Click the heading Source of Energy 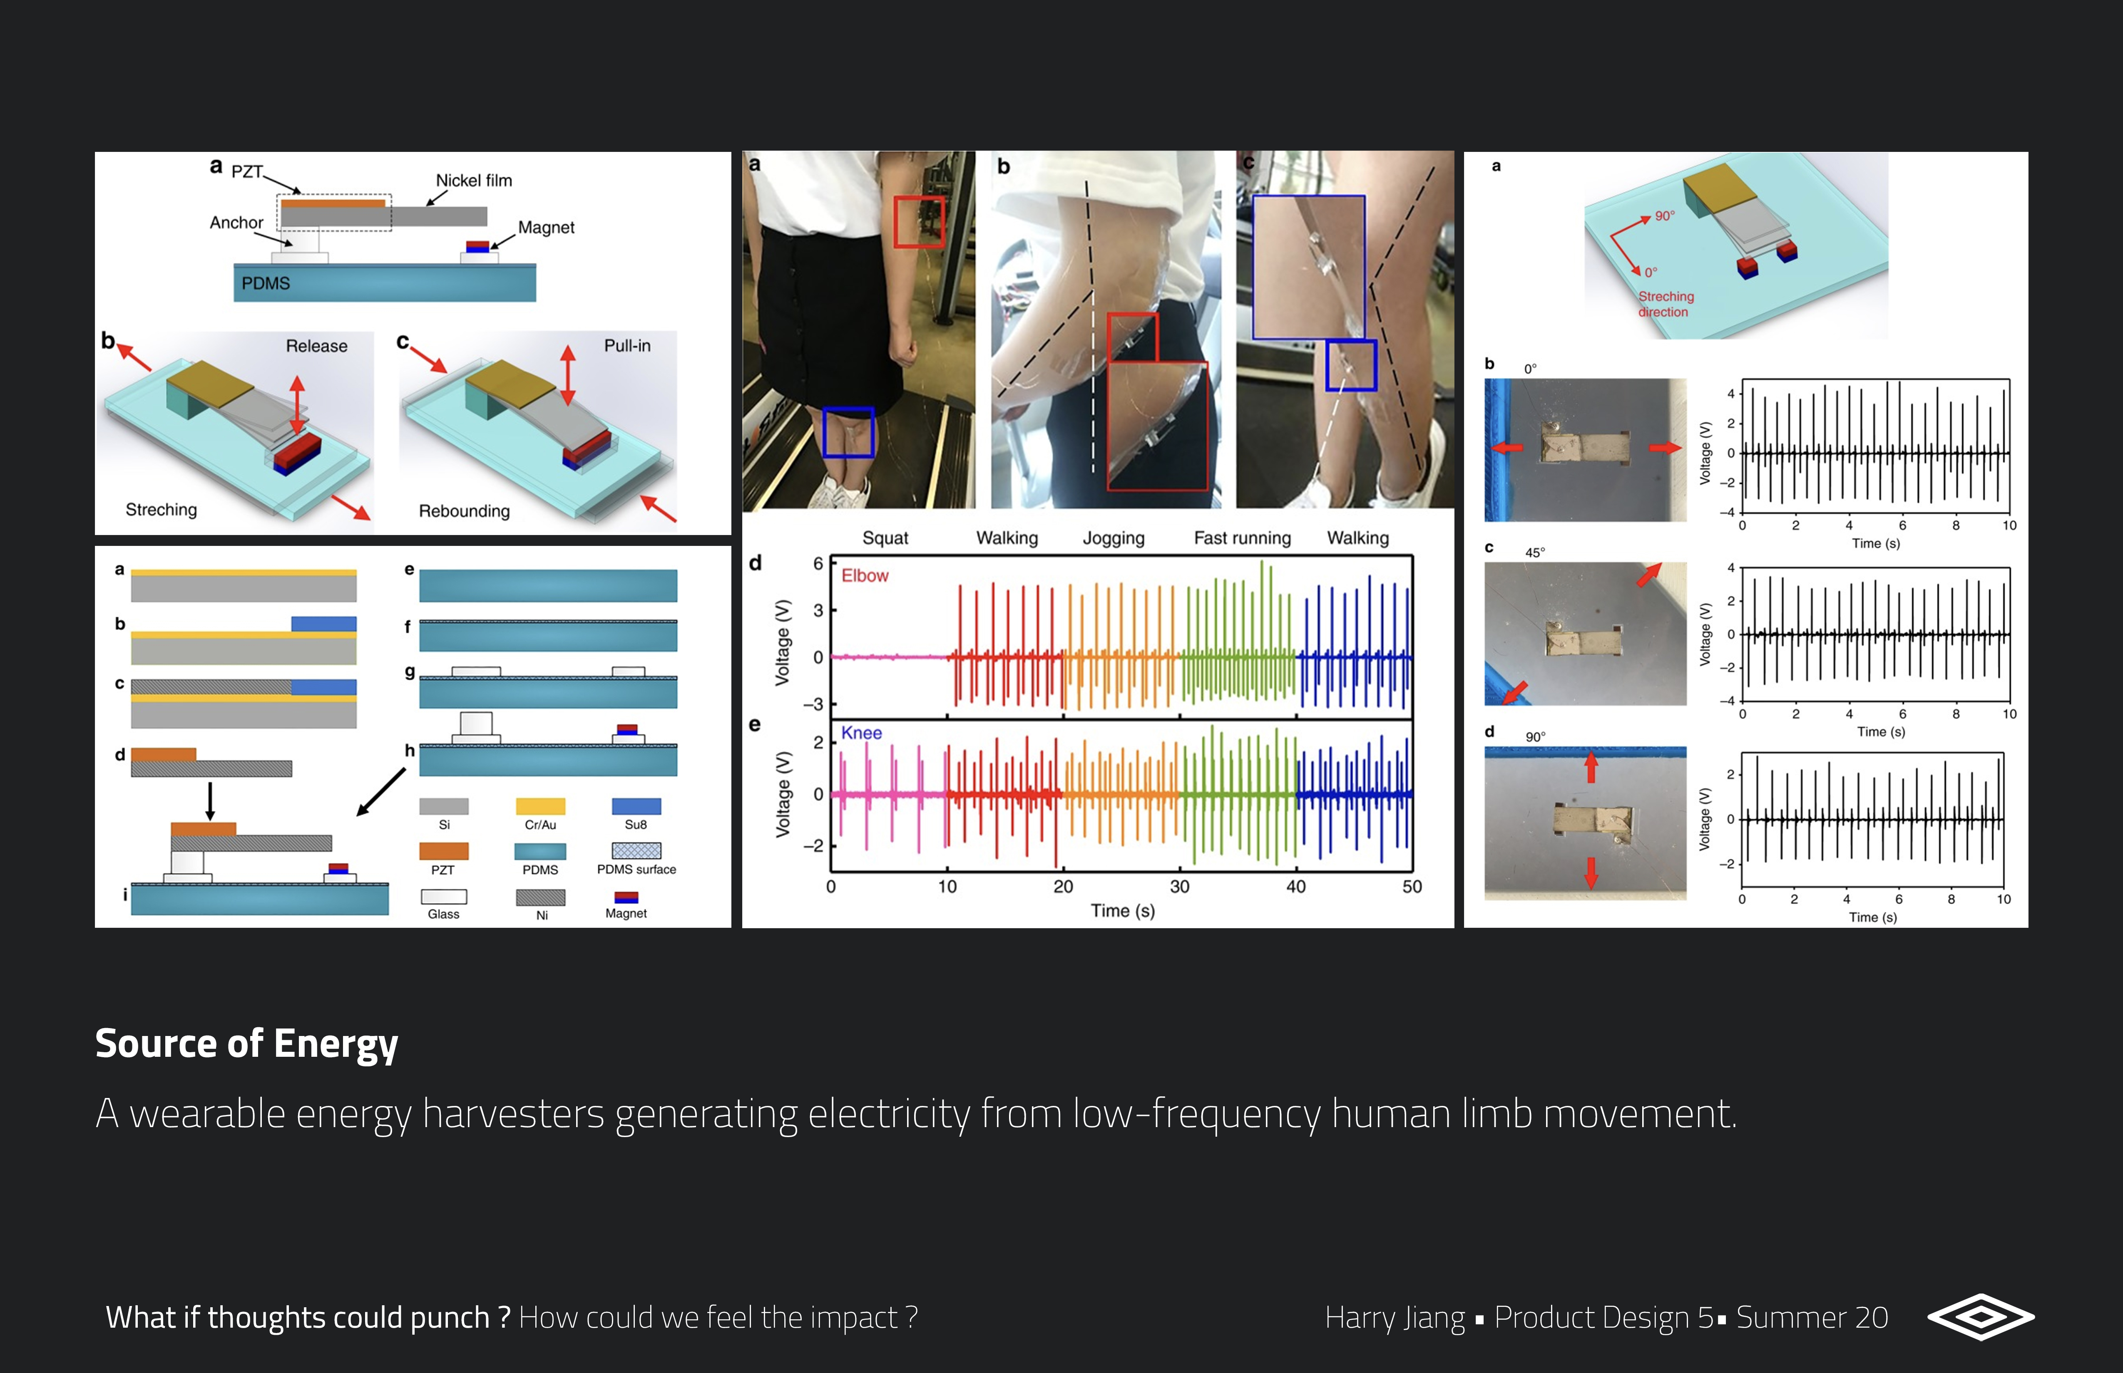246,1043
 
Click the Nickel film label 474,180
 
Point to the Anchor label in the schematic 236,222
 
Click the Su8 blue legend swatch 636,806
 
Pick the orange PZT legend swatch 443,850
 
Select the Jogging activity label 1113,538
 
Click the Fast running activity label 1242,538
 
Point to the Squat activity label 885,538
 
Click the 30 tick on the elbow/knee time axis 1179,886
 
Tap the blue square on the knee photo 848,432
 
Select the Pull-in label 627,345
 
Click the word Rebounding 464,511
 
